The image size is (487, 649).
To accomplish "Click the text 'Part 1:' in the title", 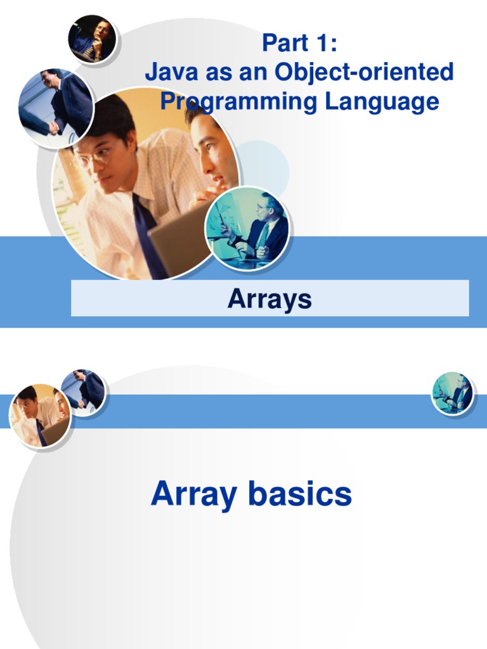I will [x=299, y=44].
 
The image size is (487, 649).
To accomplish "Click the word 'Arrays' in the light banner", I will [x=269, y=299].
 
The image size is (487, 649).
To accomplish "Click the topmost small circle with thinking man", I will [x=92, y=38].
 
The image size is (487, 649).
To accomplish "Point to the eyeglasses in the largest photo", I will [x=95, y=156].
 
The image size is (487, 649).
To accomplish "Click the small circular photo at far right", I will [x=453, y=393].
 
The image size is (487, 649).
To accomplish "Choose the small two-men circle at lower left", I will [x=39, y=415].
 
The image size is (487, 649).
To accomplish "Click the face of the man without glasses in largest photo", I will [x=209, y=152].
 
